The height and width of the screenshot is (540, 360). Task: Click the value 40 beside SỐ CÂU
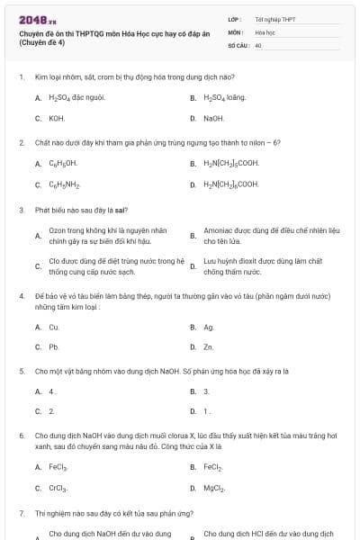coord(258,44)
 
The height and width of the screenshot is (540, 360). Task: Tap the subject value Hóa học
coord(265,31)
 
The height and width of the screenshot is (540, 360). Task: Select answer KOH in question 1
coord(57,118)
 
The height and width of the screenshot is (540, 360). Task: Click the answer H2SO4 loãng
coord(225,96)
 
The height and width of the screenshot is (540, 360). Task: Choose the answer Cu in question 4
coord(54,327)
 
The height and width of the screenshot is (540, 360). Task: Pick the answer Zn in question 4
coord(209,346)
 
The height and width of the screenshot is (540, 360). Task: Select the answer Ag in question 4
coord(209,327)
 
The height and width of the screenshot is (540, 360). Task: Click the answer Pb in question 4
coord(54,346)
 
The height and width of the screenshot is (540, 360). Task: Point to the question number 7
coord(22,513)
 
